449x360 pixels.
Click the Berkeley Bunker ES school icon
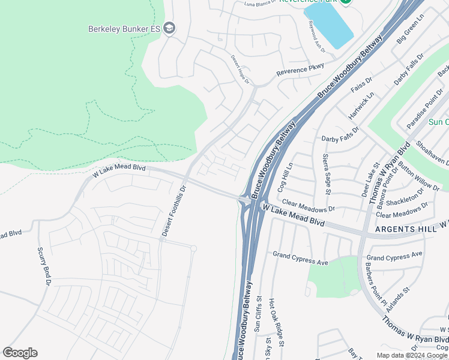pyautogui.click(x=170, y=28)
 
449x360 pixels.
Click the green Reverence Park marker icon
pyautogui.click(x=345, y=2)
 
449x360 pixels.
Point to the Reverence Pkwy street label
pyautogui.click(x=300, y=70)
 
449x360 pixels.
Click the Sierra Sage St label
pyautogui.click(x=327, y=174)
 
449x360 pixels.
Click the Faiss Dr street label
pyautogui.click(x=361, y=88)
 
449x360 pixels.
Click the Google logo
pyautogui.click(x=20, y=353)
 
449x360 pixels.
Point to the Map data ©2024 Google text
pyautogui.click(x=413, y=355)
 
